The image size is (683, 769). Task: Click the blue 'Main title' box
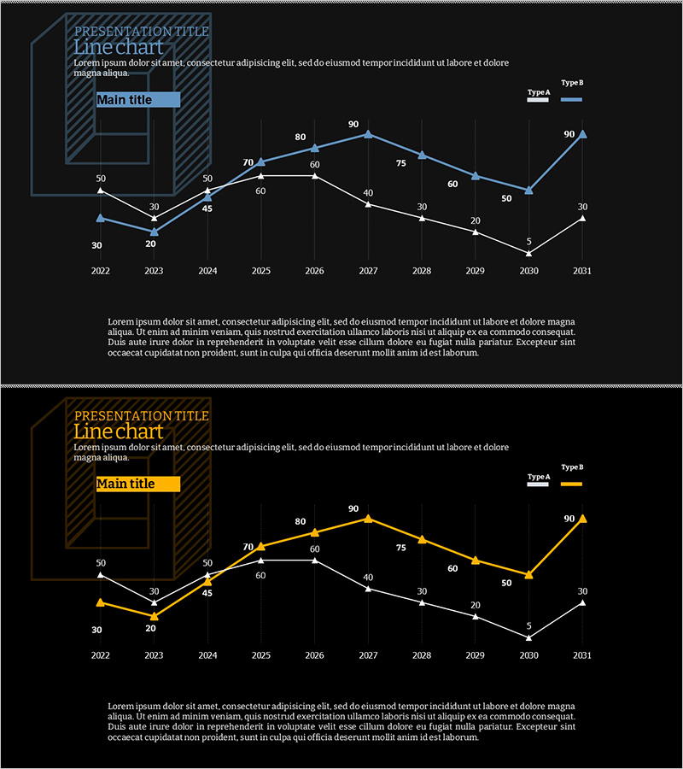(x=137, y=100)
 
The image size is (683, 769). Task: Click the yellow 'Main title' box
(x=137, y=484)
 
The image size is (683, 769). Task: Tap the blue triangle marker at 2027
(x=368, y=133)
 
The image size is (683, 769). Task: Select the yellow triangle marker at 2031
(x=582, y=518)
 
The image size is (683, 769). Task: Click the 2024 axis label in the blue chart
(x=207, y=271)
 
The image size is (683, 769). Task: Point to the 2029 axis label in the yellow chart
(x=476, y=655)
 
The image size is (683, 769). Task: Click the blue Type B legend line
(x=571, y=100)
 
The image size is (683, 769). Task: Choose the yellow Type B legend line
(x=571, y=484)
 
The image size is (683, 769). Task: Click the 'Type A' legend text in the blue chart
(x=539, y=91)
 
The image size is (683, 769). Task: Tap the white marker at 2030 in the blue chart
(x=528, y=253)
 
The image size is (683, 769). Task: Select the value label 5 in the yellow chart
(x=529, y=626)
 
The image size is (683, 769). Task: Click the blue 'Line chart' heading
(x=118, y=48)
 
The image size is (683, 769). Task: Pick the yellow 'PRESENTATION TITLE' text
(x=142, y=416)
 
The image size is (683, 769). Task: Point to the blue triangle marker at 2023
(x=155, y=232)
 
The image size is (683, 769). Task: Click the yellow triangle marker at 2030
(x=528, y=574)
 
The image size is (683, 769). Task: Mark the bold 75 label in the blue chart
(x=401, y=163)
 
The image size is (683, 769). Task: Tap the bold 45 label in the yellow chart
(x=207, y=593)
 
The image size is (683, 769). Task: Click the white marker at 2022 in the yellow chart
(x=101, y=574)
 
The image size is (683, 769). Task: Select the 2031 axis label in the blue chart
(x=582, y=271)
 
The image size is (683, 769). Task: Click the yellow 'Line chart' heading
(x=118, y=432)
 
